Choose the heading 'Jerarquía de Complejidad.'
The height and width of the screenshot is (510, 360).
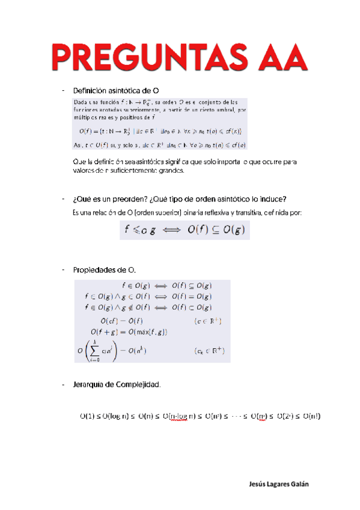tap(117, 384)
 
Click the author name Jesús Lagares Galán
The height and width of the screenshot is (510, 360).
tap(281, 485)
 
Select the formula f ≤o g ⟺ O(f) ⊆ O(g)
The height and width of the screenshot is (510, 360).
tap(185, 230)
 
